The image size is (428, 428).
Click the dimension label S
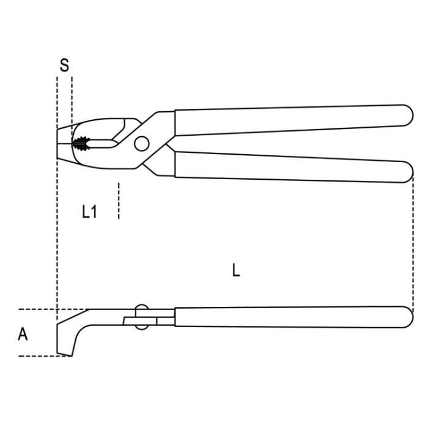pos(64,66)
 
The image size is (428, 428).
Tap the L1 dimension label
pos(89,212)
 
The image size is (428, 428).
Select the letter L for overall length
pos(236,270)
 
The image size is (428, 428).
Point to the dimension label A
pos(23,334)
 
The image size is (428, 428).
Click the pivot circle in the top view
pos(141,144)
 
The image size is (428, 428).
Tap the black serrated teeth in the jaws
pos(80,144)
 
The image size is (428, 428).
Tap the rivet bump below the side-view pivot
pos(141,327)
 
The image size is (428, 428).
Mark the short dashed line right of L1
pos(119,201)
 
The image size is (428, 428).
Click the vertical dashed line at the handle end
pos(413,245)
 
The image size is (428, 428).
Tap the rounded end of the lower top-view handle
pos(405,171)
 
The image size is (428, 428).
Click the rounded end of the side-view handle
pos(405,317)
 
